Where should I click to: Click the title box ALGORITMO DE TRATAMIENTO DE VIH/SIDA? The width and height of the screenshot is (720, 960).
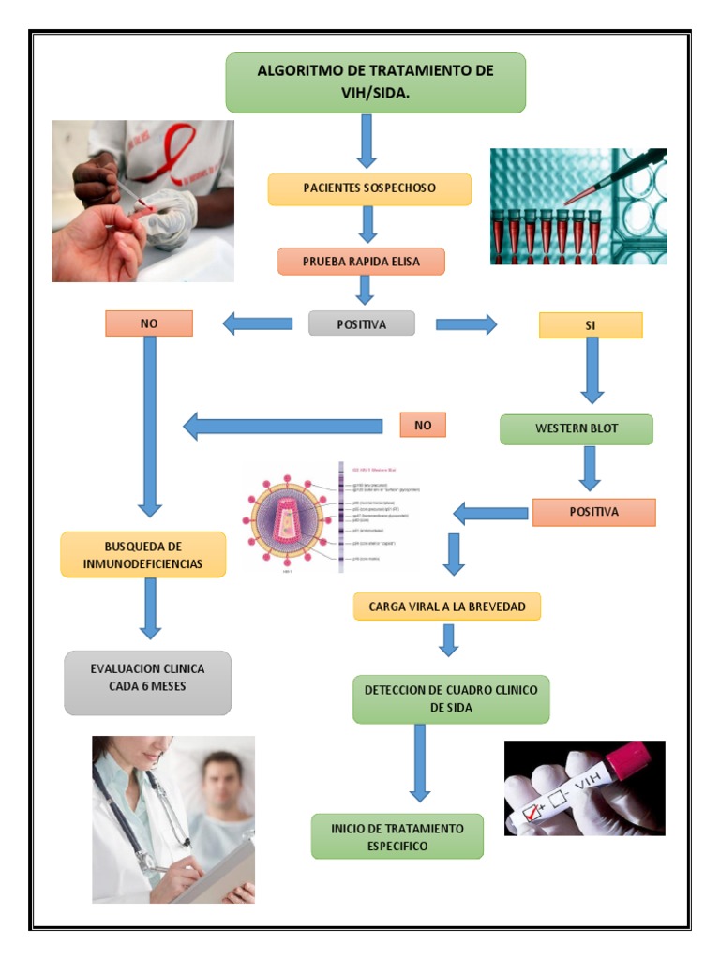click(375, 82)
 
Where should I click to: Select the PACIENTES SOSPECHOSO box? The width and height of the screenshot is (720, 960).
click(369, 188)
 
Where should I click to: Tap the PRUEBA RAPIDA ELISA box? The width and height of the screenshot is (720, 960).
click(361, 261)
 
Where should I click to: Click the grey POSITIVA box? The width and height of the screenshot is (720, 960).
click(361, 323)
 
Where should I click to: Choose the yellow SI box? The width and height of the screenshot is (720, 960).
click(591, 324)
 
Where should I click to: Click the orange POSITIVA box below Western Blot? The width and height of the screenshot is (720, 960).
click(593, 512)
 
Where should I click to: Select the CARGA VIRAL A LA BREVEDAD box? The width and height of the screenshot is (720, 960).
click(447, 607)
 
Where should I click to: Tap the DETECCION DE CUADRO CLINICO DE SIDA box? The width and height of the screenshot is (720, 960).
click(450, 698)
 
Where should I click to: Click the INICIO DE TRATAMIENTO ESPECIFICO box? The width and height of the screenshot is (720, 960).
click(397, 836)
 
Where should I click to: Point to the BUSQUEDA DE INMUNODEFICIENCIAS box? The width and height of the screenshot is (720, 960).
click(143, 554)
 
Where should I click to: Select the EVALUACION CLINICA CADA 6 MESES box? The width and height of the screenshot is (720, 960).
click(147, 682)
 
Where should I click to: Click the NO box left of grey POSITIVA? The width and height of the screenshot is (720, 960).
click(148, 323)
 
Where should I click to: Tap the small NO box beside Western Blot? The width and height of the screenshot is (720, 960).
click(423, 425)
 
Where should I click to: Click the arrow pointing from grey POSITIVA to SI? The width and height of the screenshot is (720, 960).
click(466, 324)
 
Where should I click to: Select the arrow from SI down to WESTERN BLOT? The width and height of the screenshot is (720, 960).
click(592, 370)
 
